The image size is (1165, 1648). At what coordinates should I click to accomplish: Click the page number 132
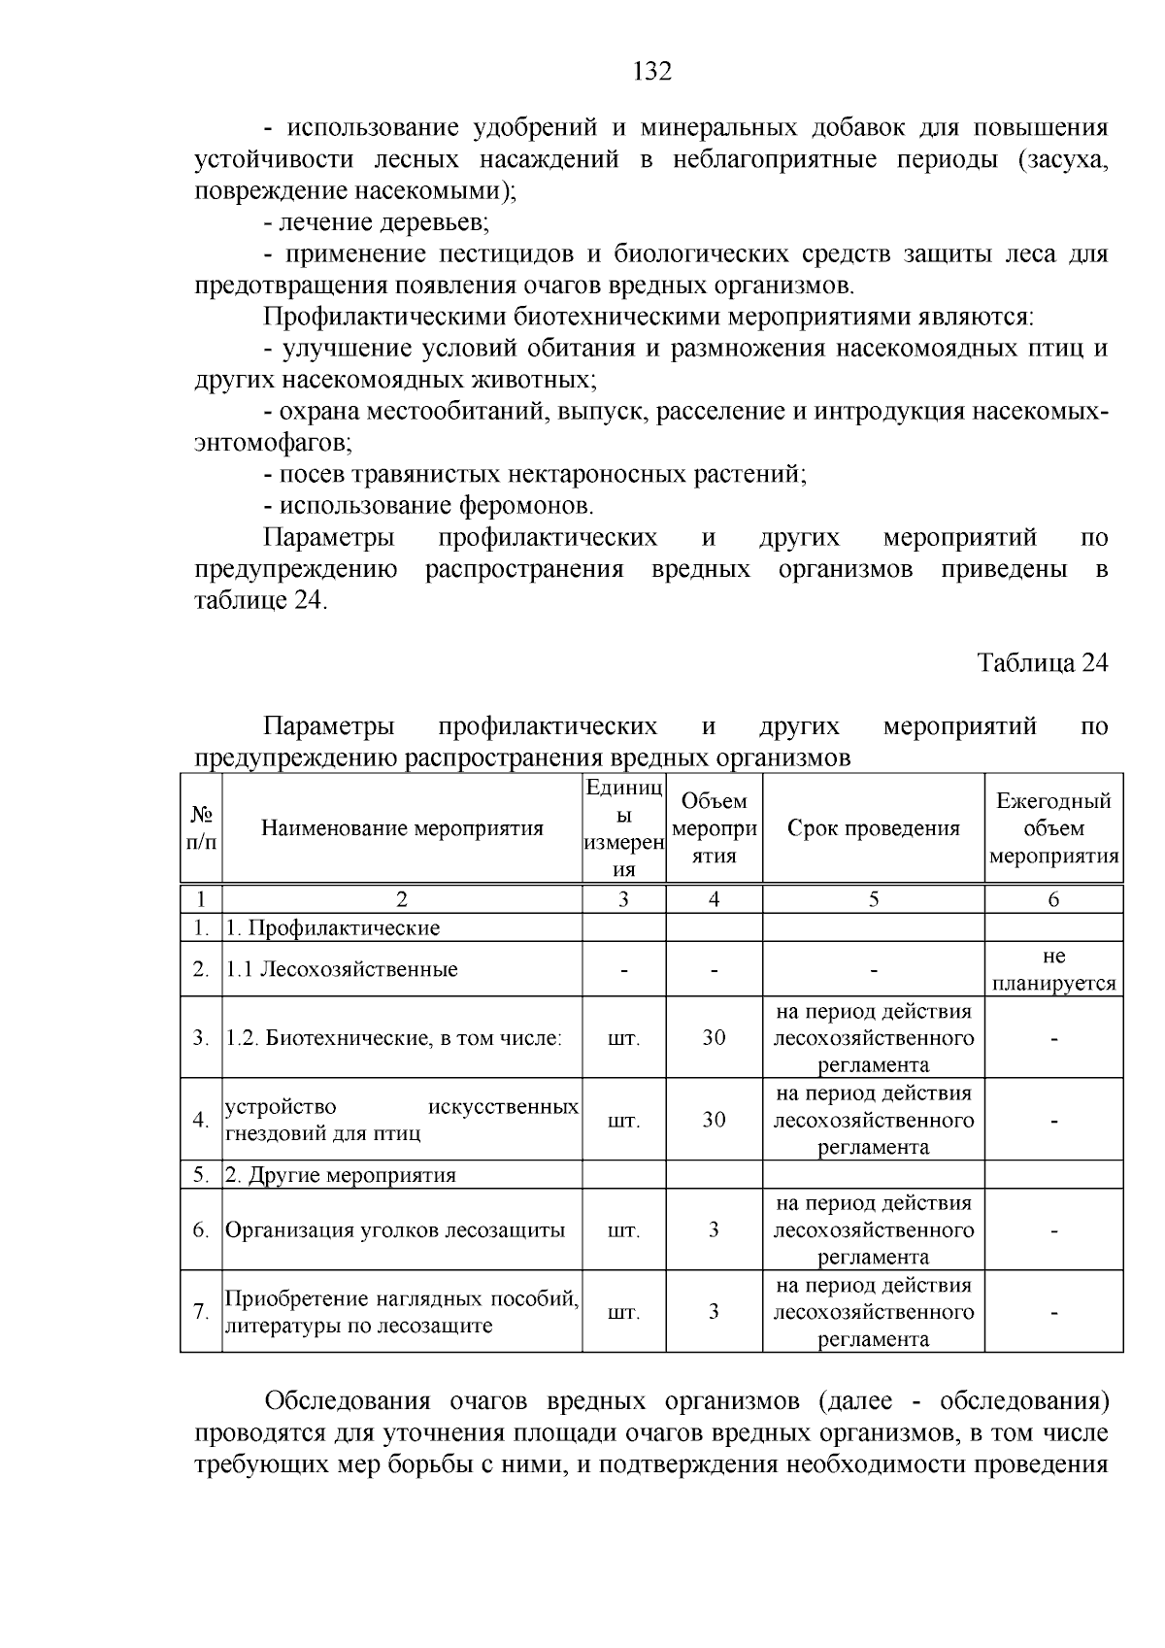[x=651, y=72]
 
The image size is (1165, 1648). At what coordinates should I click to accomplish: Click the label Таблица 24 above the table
[x=1042, y=662]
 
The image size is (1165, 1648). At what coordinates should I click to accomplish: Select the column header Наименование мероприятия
[x=402, y=828]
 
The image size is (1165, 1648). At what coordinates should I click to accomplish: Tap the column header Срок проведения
[x=873, y=828]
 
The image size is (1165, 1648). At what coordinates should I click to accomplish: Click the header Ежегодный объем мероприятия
[x=1053, y=828]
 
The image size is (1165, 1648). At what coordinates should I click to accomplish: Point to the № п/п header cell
[x=201, y=828]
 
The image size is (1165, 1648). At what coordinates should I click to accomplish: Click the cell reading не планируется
[x=1053, y=969]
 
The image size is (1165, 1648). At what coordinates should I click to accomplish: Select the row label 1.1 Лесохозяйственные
[x=342, y=969]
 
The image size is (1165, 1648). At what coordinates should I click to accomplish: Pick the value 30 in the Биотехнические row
[x=714, y=1037]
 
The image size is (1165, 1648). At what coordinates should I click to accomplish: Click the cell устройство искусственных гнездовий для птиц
[x=402, y=1120]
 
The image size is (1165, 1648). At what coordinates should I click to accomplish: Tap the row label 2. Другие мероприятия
[x=341, y=1175]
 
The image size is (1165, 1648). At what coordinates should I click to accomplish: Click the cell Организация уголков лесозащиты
[x=395, y=1230]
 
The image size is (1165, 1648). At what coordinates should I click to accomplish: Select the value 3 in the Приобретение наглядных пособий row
[x=714, y=1312]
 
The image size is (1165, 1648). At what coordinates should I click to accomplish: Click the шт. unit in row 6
[x=623, y=1230]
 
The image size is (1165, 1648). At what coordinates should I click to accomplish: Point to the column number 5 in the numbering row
[x=873, y=899]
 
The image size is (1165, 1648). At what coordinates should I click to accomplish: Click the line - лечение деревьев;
[x=377, y=223]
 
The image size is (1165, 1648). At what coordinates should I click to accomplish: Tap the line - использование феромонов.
[x=428, y=505]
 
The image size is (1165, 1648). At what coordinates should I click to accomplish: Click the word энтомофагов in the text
[x=271, y=443]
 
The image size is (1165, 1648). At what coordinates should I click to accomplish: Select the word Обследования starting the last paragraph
[x=348, y=1401]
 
